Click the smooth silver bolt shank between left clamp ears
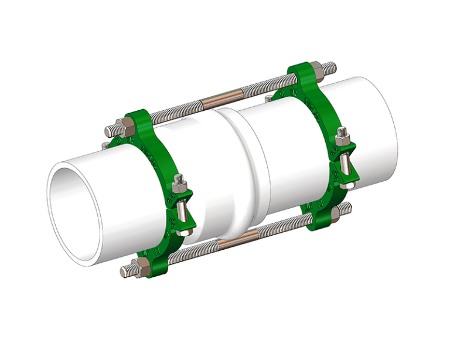click(x=183, y=209)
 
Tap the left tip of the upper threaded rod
click(x=107, y=130)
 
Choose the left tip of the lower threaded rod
click(x=124, y=272)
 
